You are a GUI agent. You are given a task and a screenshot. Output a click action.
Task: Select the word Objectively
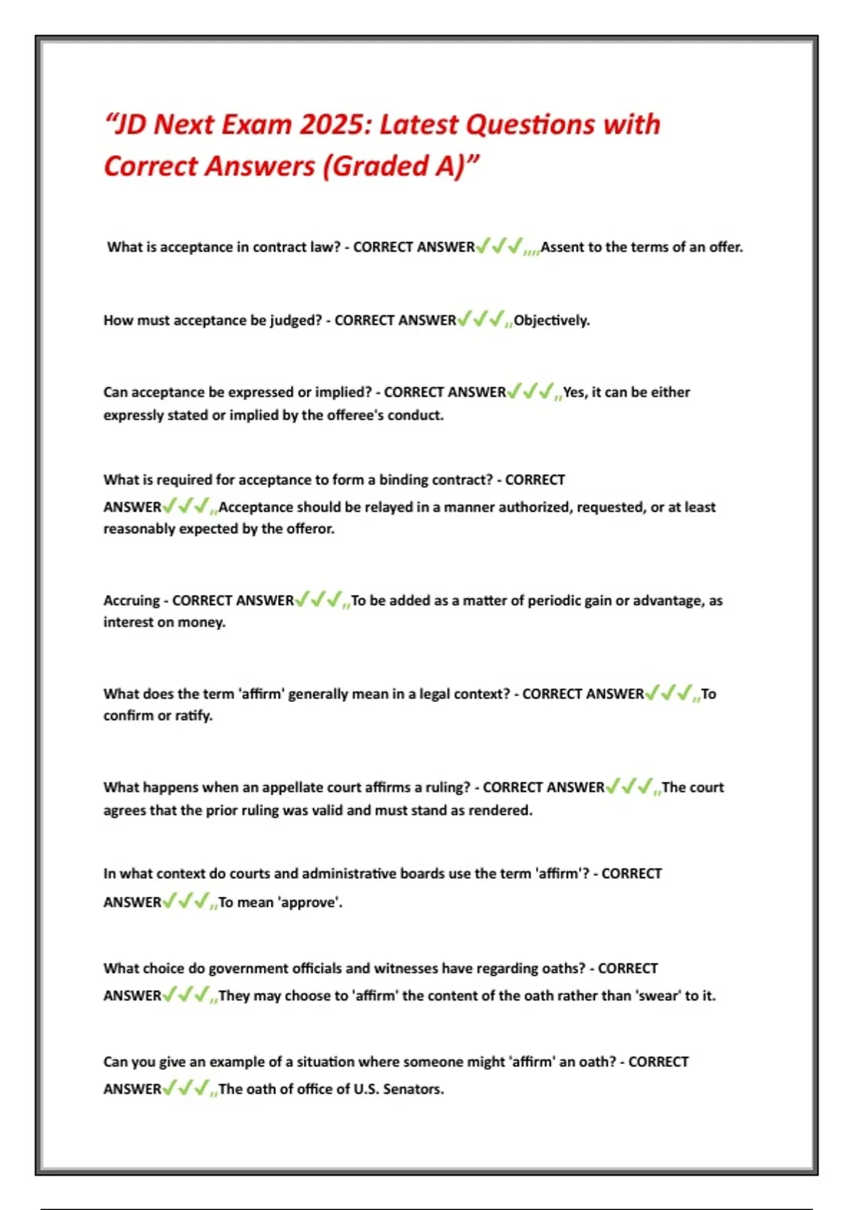tap(552, 320)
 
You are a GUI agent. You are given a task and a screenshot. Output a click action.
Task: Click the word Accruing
tap(132, 601)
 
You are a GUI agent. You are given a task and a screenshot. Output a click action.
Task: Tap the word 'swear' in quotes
tap(659, 996)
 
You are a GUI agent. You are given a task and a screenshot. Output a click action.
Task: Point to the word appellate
tap(292, 787)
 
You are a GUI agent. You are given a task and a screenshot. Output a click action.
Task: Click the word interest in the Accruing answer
tap(129, 622)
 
